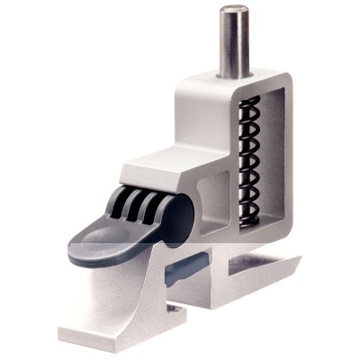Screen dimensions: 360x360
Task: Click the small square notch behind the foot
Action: (x=176, y=310)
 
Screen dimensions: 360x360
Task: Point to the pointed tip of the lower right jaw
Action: (x=297, y=260)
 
